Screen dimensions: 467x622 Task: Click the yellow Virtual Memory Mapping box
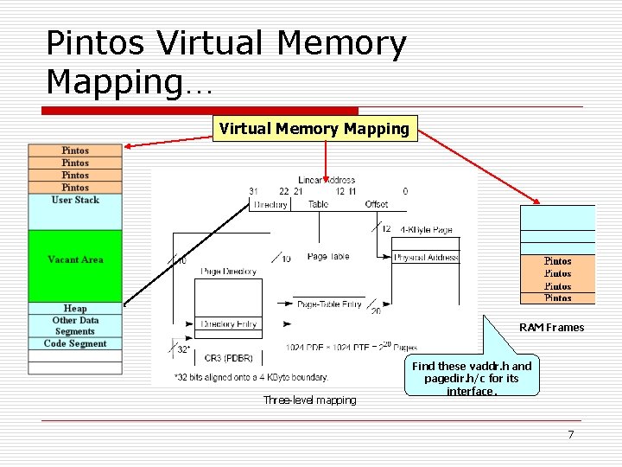314,129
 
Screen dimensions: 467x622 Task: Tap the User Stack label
75,200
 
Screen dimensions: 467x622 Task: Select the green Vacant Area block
75,259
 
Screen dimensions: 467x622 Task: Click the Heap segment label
75,308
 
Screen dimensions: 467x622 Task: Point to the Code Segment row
75,343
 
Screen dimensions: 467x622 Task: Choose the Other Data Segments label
75,325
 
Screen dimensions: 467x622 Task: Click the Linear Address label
327,180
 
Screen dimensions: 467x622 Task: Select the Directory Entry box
228,324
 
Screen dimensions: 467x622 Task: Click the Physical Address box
425,258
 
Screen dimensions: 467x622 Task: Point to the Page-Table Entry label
329,304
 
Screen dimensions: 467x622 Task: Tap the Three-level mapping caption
309,400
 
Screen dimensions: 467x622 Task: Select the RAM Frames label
551,328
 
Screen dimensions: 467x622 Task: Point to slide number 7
570,434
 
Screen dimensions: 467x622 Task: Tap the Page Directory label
228,272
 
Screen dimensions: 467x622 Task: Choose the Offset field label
377,205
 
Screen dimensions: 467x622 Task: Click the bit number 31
253,191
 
